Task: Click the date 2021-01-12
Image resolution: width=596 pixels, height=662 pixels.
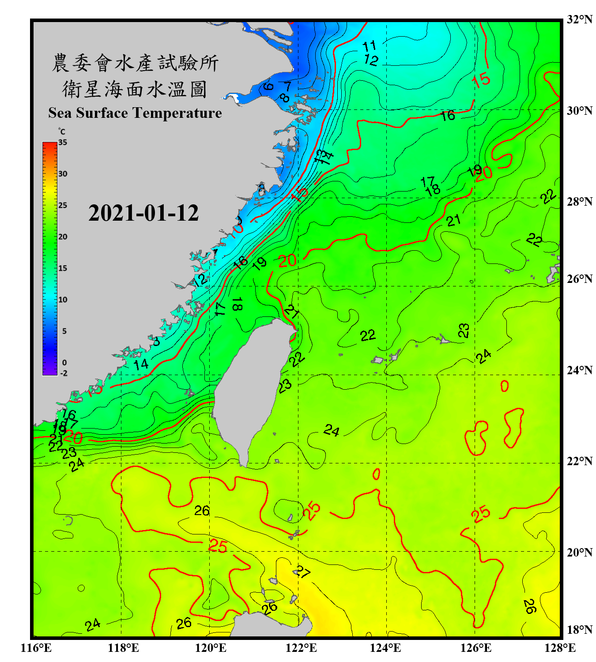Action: pyautogui.click(x=143, y=213)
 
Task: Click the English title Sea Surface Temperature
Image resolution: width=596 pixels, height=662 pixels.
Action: pyautogui.click(x=135, y=113)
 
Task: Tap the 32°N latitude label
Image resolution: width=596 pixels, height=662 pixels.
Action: pyautogui.click(x=579, y=19)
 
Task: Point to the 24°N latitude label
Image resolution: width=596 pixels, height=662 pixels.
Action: pyautogui.click(x=579, y=370)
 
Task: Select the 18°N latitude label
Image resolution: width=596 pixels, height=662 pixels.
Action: pyautogui.click(x=579, y=629)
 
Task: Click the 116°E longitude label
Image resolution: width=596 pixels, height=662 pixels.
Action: pyautogui.click(x=36, y=648)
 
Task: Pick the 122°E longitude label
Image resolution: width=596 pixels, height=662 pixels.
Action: pyautogui.click(x=301, y=648)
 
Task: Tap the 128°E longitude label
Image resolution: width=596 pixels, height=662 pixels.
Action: pyautogui.click(x=560, y=648)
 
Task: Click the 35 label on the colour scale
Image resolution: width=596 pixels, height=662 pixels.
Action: pyautogui.click(x=63, y=143)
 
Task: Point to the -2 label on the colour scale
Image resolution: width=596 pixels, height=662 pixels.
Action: pyautogui.click(x=64, y=373)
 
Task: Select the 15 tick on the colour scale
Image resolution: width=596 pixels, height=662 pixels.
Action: pyautogui.click(x=63, y=268)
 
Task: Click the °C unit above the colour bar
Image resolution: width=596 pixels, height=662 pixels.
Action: pyautogui.click(x=61, y=132)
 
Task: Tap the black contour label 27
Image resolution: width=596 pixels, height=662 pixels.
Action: pyautogui.click(x=302, y=572)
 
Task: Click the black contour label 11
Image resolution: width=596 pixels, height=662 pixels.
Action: pyautogui.click(x=369, y=46)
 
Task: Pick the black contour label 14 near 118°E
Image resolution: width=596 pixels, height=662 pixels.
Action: pyautogui.click(x=141, y=365)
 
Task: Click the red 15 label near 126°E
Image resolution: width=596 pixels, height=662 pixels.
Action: pyautogui.click(x=481, y=80)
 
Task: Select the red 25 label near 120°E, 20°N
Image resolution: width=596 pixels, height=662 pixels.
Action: pyautogui.click(x=218, y=546)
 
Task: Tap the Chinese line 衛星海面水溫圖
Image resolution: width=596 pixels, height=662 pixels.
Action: pyautogui.click(x=135, y=89)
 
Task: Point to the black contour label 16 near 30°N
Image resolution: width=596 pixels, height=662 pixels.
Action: pyautogui.click(x=447, y=116)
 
